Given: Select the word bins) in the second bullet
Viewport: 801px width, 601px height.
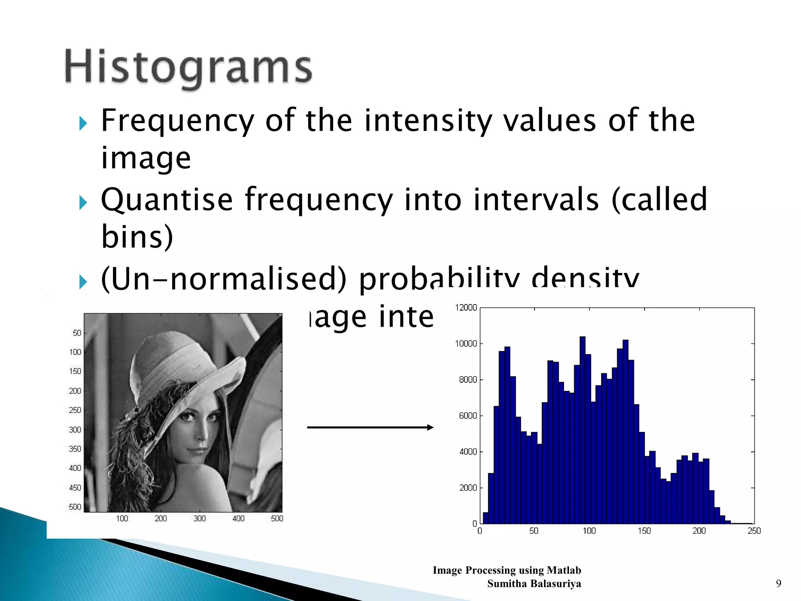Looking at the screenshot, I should pos(137,237).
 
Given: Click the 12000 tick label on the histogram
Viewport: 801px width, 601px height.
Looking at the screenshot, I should pos(466,308).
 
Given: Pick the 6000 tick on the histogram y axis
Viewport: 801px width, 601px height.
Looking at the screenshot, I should pos(468,416).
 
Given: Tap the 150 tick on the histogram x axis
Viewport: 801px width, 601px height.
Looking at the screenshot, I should pos(644,531).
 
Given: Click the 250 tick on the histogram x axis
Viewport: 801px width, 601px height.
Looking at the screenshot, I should pos(754,531).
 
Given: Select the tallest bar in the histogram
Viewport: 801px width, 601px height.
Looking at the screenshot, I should pos(582,430).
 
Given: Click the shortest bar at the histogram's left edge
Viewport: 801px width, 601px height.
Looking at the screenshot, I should pos(485,518).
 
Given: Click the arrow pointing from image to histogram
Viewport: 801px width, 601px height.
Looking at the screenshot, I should pos(370,427).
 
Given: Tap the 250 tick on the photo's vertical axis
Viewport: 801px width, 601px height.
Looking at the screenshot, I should pos(75,410).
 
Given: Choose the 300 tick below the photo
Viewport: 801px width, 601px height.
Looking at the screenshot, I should pos(199,518).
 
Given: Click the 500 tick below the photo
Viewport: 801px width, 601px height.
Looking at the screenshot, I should pos(277,518).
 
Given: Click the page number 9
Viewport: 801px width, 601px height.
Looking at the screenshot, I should pos(778,584).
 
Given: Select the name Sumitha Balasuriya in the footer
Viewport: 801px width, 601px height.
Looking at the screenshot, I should pos(534,584).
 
